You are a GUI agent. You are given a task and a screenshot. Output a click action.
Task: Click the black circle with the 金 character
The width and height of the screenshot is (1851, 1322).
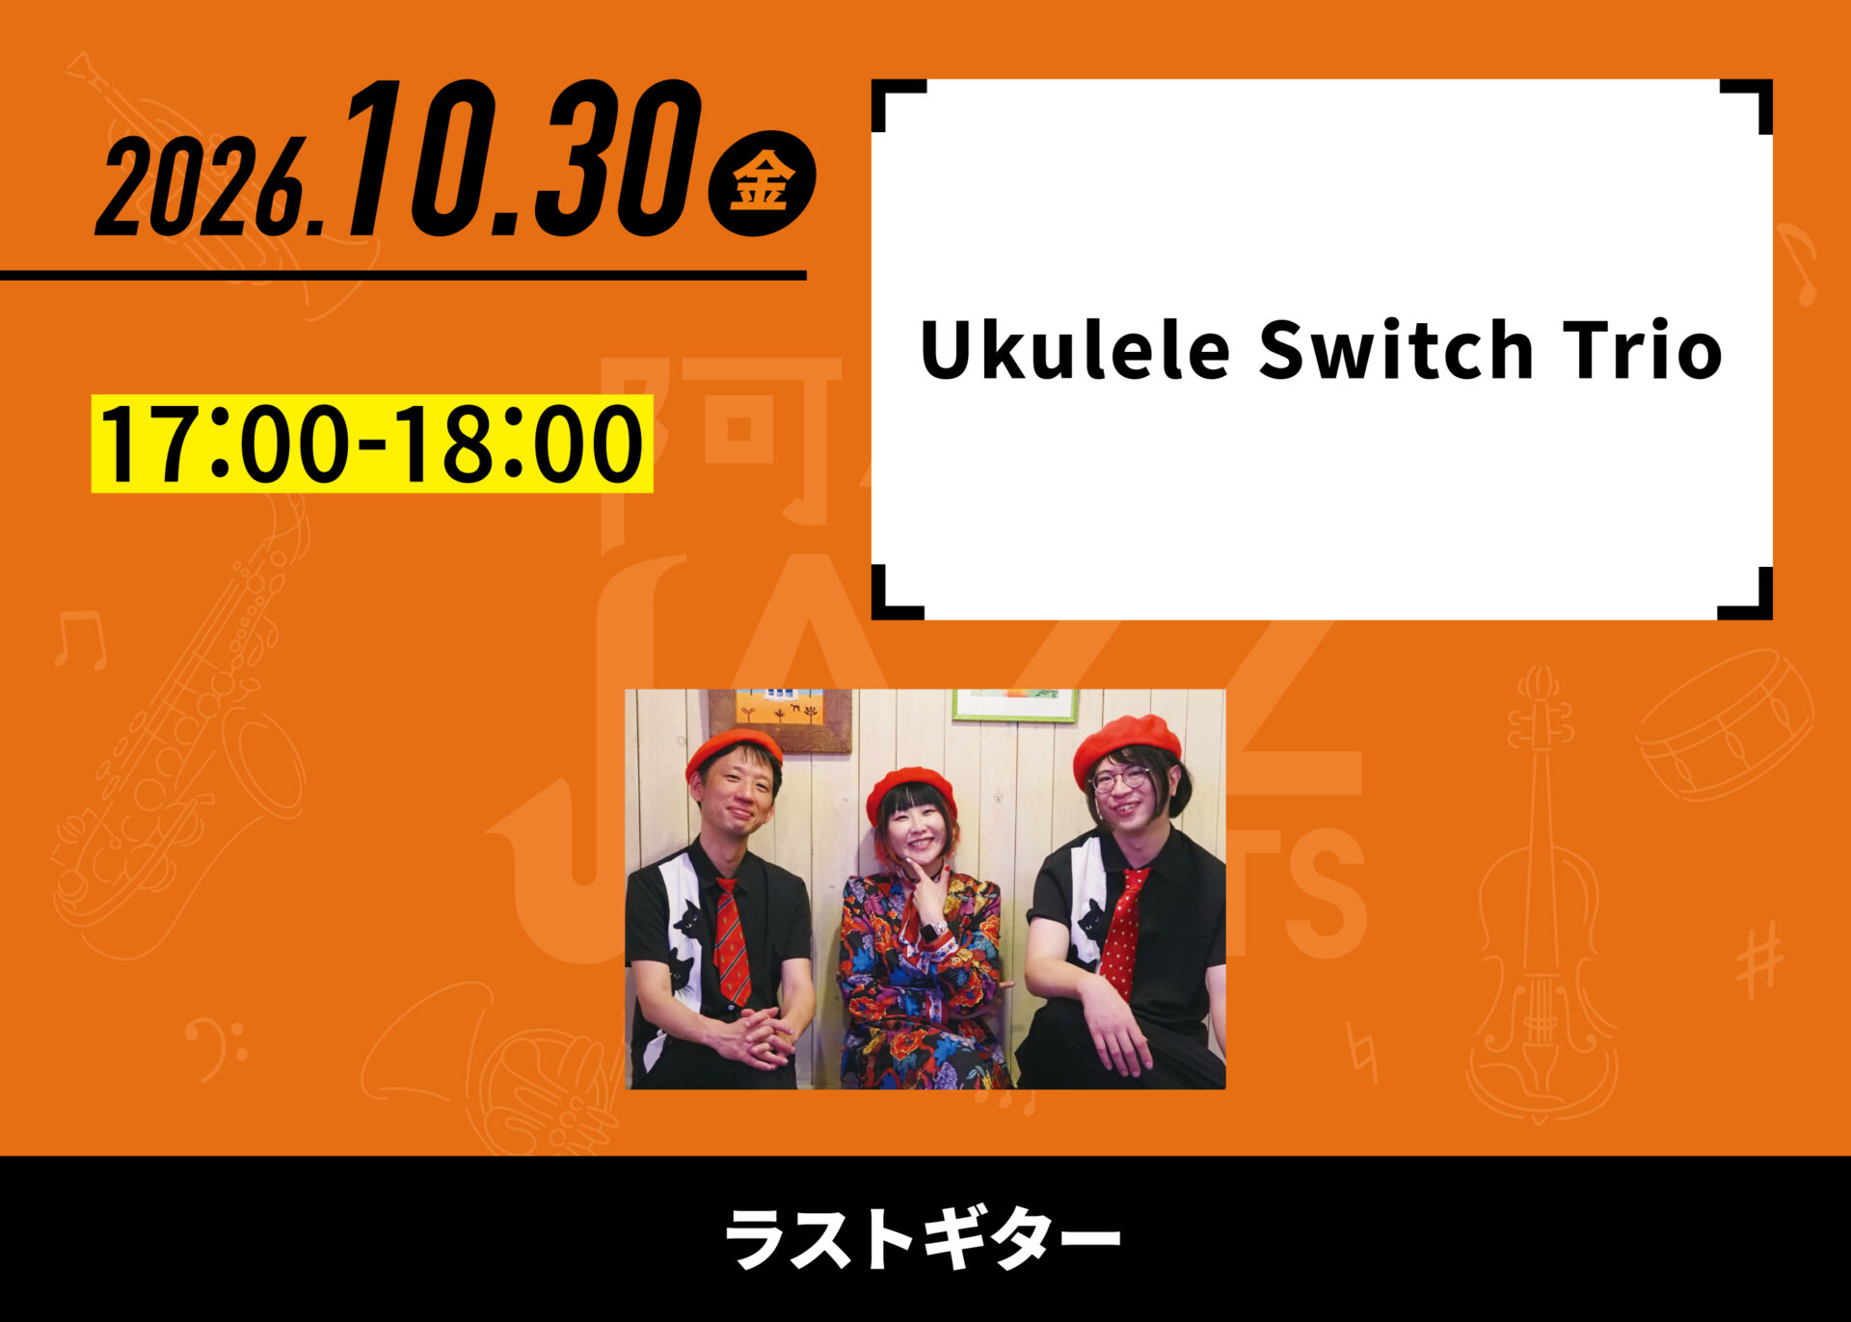(x=762, y=182)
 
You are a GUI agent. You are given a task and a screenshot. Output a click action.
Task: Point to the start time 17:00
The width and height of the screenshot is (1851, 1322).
(x=225, y=444)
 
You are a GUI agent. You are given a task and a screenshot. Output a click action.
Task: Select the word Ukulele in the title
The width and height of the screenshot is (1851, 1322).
(x=1075, y=349)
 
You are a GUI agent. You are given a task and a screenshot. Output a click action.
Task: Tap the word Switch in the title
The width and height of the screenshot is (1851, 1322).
(x=1395, y=349)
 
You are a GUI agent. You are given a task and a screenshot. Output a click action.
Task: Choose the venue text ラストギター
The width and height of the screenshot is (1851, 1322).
(x=922, y=1238)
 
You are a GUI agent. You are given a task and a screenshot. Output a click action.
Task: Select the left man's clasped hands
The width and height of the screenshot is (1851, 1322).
(x=757, y=1036)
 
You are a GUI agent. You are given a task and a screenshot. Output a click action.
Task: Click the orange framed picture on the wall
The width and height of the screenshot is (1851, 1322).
(x=780, y=719)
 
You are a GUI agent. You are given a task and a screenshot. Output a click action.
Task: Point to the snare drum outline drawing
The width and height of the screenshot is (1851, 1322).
(x=1725, y=723)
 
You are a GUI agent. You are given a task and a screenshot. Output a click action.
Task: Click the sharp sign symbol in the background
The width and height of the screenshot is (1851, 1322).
(x=1759, y=958)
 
